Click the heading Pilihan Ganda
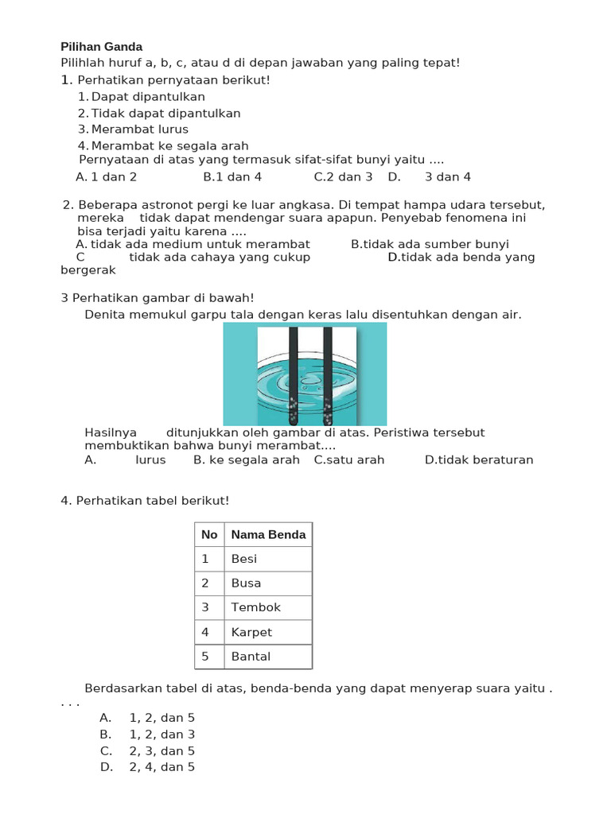tap(102, 46)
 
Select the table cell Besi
tap(244, 559)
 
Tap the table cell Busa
tap(246, 583)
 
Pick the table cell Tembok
tap(255, 607)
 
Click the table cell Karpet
tap(251, 632)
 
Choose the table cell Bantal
tap(251, 657)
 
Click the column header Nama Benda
tap(268, 534)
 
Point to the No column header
tap(209, 534)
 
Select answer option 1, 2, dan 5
tap(162, 718)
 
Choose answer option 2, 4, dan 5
tap(162, 767)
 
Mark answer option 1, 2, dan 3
tap(162, 735)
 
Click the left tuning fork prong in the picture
tap(294, 374)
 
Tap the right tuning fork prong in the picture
tap(328, 374)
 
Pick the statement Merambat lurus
tap(139, 129)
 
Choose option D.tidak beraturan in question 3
tap(479, 459)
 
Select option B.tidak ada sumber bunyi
tap(430, 244)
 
